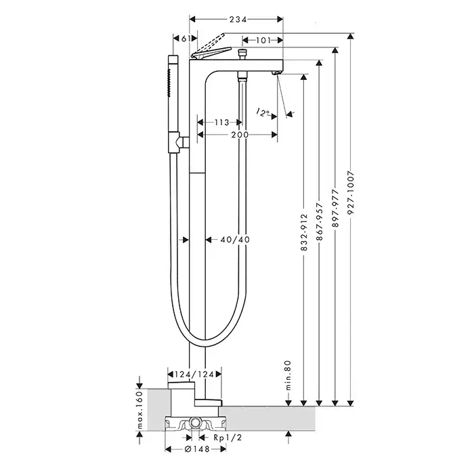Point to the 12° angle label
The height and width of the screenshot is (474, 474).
[x=263, y=111]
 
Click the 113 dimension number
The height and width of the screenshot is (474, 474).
[x=221, y=123]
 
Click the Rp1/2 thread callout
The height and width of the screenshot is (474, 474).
[x=229, y=437]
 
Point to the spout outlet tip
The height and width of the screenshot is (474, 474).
[x=276, y=72]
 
